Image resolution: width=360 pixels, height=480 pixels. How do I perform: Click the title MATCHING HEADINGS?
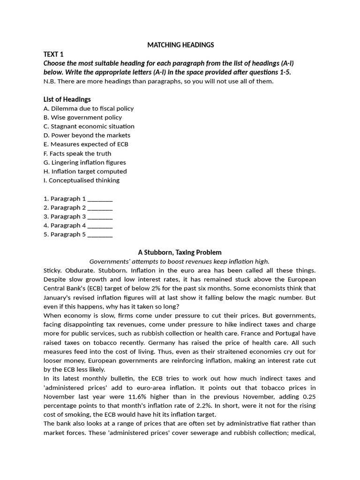[180, 45]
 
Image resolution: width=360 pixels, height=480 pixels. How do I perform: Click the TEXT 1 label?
[53, 54]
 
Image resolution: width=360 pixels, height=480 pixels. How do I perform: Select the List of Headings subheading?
[67, 99]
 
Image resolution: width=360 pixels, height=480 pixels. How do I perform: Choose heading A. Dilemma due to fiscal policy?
[89, 108]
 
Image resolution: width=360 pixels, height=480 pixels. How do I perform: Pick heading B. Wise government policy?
[82, 117]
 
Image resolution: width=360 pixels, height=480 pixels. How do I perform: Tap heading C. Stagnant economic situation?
[89, 126]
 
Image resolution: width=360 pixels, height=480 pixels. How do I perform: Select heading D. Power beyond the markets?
[87, 135]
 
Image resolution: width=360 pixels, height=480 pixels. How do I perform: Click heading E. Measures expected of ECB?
[86, 144]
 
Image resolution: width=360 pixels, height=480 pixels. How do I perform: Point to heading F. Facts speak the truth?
[77, 153]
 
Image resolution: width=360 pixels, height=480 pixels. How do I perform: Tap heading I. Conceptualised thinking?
[82, 180]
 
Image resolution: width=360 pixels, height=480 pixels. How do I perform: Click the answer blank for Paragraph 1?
[100, 199]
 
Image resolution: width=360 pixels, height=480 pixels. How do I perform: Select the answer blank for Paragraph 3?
[100, 217]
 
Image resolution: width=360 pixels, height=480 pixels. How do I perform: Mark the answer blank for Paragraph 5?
[100, 235]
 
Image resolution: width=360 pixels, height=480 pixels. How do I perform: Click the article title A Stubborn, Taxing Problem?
[180, 252]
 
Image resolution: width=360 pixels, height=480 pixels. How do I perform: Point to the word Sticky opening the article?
[53, 270]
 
